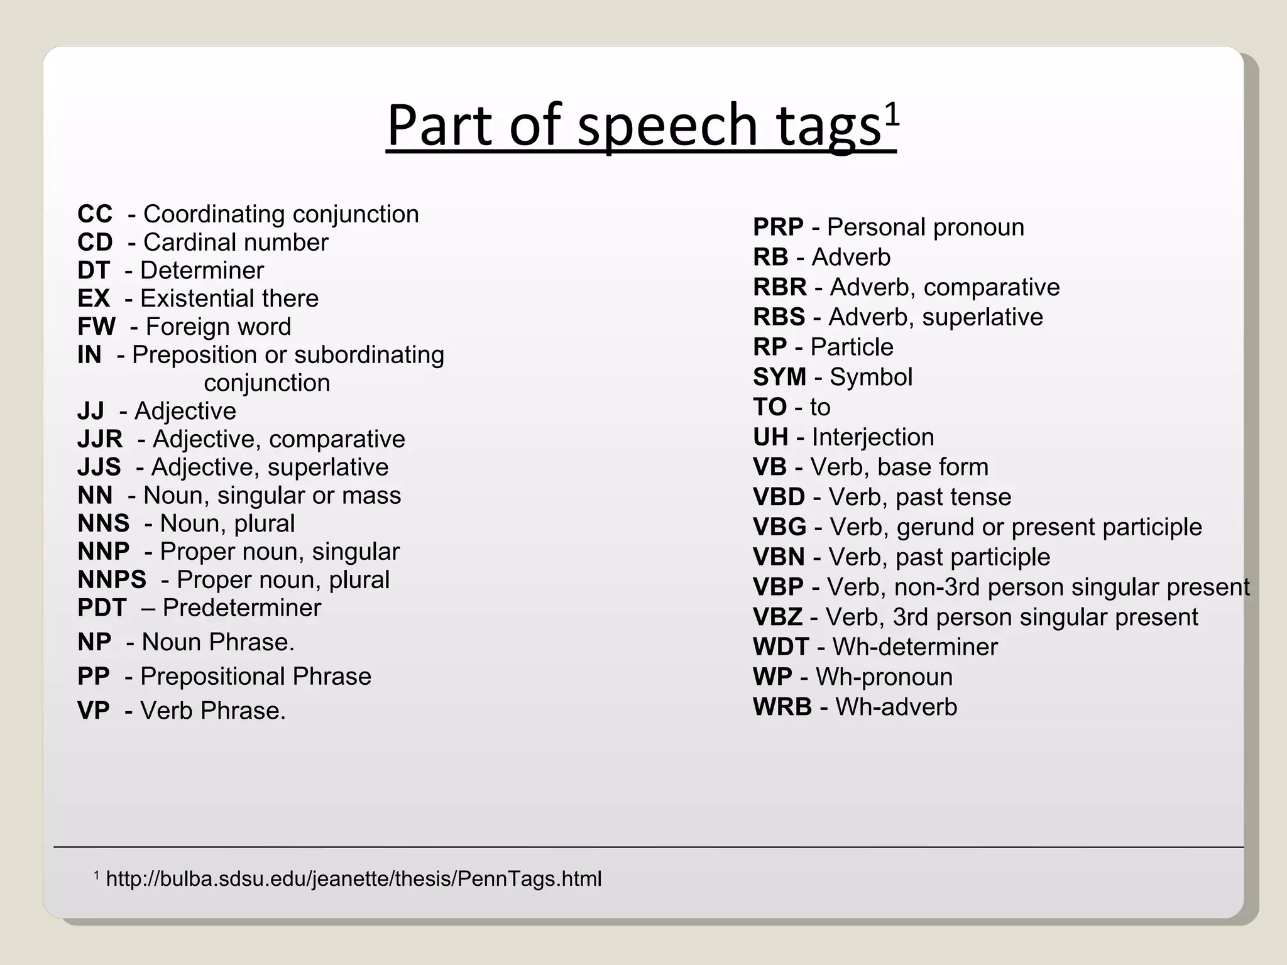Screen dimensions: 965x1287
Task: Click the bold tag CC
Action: point(95,214)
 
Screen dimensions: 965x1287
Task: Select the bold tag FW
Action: point(96,327)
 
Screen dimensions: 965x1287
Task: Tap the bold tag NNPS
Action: point(112,580)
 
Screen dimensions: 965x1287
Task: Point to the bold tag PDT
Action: point(102,608)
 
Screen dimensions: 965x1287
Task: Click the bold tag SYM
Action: point(779,377)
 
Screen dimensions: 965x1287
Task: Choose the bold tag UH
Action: point(770,437)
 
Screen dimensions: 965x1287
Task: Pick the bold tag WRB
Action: point(782,707)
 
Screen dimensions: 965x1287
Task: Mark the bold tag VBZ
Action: point(777,618)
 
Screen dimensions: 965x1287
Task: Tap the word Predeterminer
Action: point(242,608)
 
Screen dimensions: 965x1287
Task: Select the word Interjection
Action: point(873,437)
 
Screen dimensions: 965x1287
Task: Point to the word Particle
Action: point(852,347)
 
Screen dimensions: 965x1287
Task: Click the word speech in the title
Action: point(667,125)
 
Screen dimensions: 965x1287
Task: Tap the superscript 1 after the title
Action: point(892,114)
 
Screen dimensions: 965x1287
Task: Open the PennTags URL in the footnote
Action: point(354,879)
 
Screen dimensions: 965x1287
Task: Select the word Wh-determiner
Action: point(915,647)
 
